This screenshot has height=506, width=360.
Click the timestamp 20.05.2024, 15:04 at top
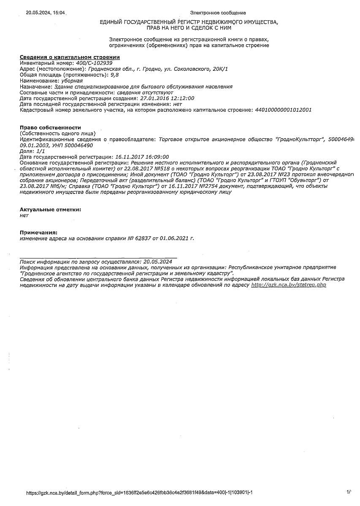tap(46, 13)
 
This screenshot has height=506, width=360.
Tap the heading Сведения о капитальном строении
tap(70, 57)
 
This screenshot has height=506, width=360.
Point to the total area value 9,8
tap(114, 75)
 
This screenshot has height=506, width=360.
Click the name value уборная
tap(72, 81)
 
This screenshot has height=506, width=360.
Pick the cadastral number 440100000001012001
tap(283, 110)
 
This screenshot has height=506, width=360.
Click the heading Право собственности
tap(50, 127)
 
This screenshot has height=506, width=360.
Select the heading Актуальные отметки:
tap(50, 209)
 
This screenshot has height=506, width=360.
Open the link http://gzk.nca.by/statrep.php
tap(289, 285)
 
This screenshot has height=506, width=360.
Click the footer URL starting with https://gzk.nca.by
tap(139, 493)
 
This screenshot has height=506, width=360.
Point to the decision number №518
tap(164, 168)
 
